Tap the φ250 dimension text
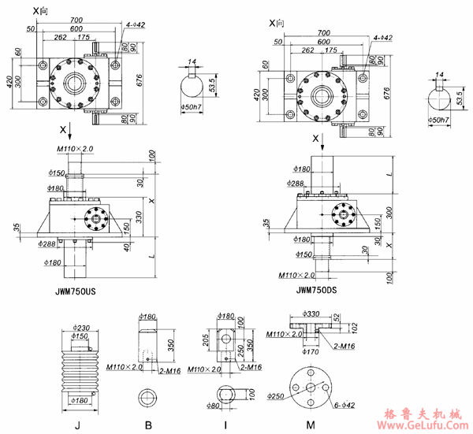point(276,395)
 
